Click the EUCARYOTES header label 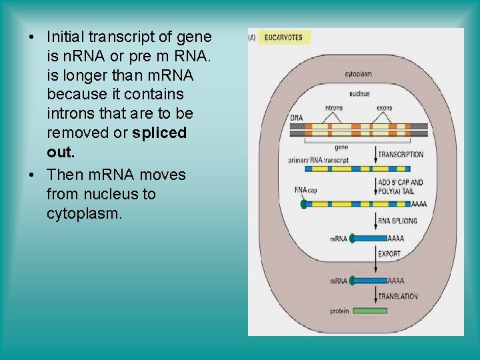(283, 37)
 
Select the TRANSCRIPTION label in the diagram (401, 155)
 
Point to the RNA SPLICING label (397, 221)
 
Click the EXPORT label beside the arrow (389, 254)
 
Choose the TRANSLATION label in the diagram (398, 296)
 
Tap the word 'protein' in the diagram (339, 311)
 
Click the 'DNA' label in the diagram (296, 119)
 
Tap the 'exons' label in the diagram (385, 107)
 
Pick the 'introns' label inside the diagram (333, 107)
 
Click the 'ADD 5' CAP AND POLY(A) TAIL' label (401, 186)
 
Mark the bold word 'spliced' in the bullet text (159, 132)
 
